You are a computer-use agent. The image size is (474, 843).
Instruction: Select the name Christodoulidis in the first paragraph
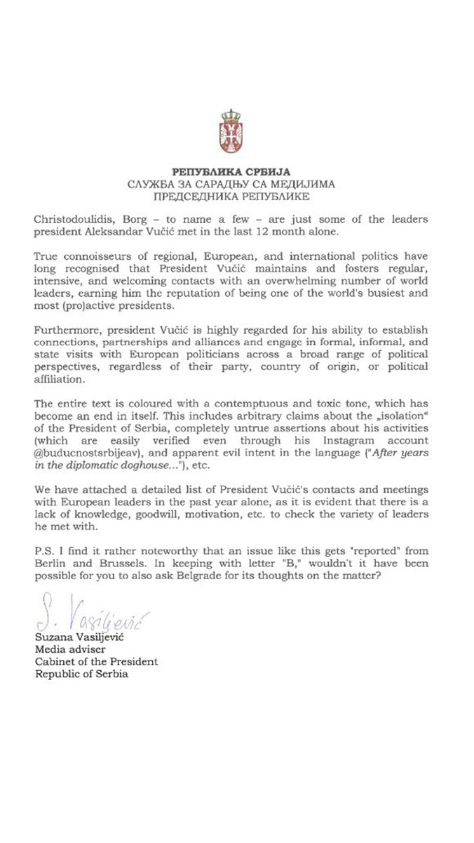[x=69, y=218]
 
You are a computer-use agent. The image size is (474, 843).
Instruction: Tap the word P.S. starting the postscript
[x=43, y=529]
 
